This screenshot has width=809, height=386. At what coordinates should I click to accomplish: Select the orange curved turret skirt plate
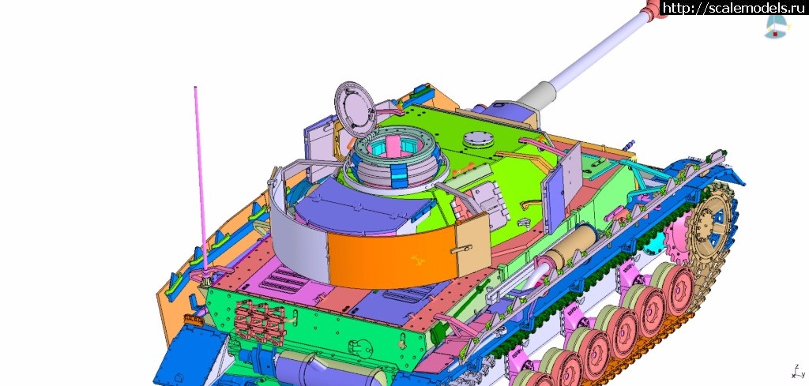click(392, 256)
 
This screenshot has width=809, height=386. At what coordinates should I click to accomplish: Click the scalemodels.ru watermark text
click(733, 8)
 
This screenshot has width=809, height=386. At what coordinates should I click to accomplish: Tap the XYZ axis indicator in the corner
click(798, 371)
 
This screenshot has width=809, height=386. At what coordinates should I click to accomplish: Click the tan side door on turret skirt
click(472, 244)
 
